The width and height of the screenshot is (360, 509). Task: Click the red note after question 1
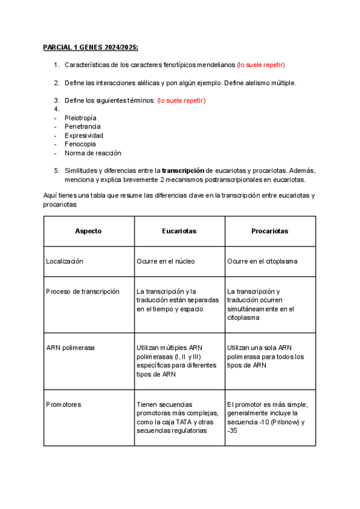pos(260,65)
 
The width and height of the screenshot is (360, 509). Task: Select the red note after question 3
pos(181,100)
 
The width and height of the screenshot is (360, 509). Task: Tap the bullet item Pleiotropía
pos(80,118)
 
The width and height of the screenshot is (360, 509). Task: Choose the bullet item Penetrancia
pos(82,127)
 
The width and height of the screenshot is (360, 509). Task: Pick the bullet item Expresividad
pos(83,136)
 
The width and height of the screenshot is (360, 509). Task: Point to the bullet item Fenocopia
pos(80,144)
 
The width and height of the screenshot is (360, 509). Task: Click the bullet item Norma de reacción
pos(92,153)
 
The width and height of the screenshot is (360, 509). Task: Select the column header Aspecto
pos(88,231)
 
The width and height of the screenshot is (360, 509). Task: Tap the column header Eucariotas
pos(179,231)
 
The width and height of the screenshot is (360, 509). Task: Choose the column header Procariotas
pos(269,231)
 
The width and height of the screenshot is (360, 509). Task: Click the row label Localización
pos(65,261)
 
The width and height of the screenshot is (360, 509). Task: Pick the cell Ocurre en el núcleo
pos(166,261)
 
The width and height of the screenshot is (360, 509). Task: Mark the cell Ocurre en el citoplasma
pos(262,261)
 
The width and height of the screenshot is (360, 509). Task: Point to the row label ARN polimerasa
pos(70,348)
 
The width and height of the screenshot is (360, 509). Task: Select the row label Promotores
pos(64,405)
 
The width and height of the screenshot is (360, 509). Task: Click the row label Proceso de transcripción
pos(83,291)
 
